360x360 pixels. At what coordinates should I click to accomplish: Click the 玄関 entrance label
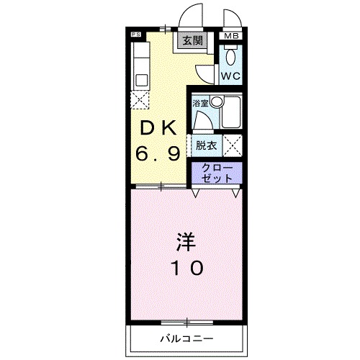[x=192, y=40]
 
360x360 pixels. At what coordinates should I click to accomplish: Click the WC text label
[x=230, y=75]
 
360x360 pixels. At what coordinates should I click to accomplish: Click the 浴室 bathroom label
[x=200, y=104]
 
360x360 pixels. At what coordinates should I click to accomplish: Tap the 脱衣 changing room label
[x=206, y=145]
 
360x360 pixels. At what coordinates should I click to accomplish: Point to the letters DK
[x=157, y=129]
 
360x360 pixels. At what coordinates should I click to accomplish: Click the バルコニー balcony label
[x=186, y=337]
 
